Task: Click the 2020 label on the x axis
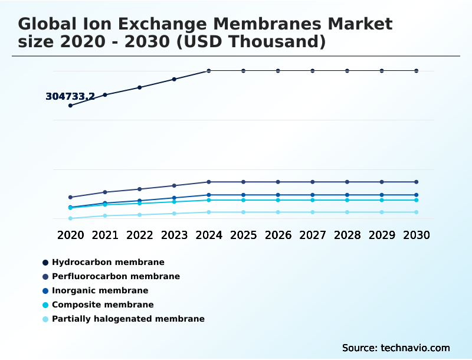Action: [70, 235]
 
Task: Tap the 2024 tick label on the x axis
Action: [209, 235]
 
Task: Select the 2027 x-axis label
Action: [313, 235]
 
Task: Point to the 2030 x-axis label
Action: [417, 235]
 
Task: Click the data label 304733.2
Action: [70, 97]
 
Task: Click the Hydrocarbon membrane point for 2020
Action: [70, 106]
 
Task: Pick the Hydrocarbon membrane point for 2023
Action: [174, 79]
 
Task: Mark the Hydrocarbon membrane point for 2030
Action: [417, 71]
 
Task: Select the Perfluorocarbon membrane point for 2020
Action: [70, 197]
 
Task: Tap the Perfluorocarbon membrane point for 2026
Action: [278, 182]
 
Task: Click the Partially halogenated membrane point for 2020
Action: [70, 218]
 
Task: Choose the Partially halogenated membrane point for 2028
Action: [347, 212]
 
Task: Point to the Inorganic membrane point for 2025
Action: [243, 195]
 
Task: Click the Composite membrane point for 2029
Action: [382, 200]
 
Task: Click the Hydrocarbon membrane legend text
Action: [108, 262]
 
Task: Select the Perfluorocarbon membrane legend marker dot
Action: [45, 277]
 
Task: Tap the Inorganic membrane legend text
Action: [100, 290]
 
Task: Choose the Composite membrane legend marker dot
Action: [45, 305]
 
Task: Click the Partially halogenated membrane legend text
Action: [128, 319]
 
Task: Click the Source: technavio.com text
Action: [396, 348]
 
